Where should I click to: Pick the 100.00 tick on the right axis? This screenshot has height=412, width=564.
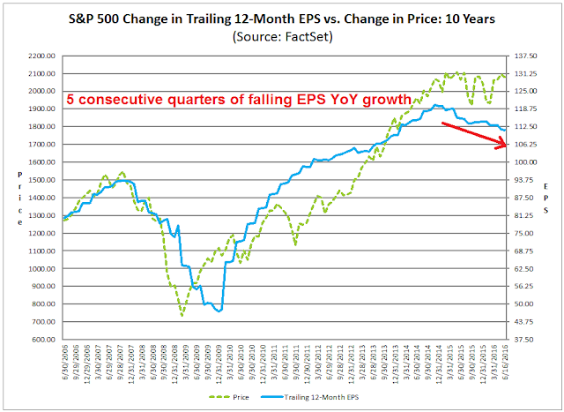(527, 162)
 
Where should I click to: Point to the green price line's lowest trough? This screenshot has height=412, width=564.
(182, 315)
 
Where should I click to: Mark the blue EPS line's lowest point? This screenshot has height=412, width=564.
(219, 311)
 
